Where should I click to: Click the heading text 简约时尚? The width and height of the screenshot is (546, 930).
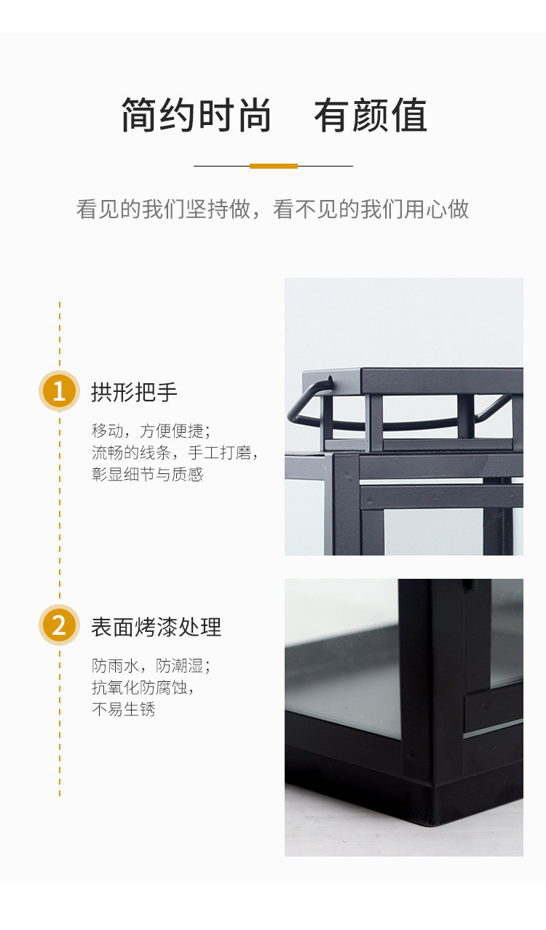(196, 115)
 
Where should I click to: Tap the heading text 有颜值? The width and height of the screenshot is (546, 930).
(371, 115)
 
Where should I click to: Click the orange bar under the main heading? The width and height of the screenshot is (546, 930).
(274, 166)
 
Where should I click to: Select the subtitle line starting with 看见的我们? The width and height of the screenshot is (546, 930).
(272, 209)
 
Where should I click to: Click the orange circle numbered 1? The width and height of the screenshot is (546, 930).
(59, 390)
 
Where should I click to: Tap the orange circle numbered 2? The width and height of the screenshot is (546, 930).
(59, 625)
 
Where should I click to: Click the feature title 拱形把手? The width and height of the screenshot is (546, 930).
(134, 392)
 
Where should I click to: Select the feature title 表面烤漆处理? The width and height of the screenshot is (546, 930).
(157, 627)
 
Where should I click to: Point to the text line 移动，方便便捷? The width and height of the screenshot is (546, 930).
(151, 431)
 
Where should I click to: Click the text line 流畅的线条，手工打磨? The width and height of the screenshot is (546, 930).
(175, 452)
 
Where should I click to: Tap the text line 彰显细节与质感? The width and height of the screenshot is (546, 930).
(147, 474)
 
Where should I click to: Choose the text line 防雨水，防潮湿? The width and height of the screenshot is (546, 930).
(151, 666)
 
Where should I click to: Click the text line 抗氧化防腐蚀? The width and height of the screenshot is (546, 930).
(143, 688)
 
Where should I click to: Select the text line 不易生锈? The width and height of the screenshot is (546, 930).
(124, 709)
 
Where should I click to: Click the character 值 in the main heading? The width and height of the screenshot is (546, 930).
(409, 115)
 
